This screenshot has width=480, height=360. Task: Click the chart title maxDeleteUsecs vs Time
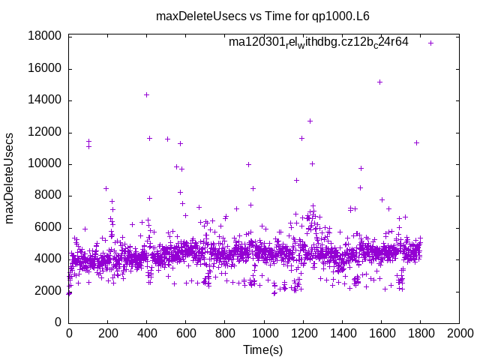click(x=262, y=15)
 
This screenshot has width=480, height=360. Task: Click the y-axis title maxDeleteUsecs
click(x=10, y=178)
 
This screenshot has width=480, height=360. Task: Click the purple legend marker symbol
click(x=430, y=43)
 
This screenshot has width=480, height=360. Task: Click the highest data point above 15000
click(x=380, y=82)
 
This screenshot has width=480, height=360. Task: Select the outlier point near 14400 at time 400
click(x=146, y=94)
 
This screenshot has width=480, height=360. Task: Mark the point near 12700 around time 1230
click(x=310, y=121)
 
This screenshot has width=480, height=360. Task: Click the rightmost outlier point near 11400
click(x=416, y=142)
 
